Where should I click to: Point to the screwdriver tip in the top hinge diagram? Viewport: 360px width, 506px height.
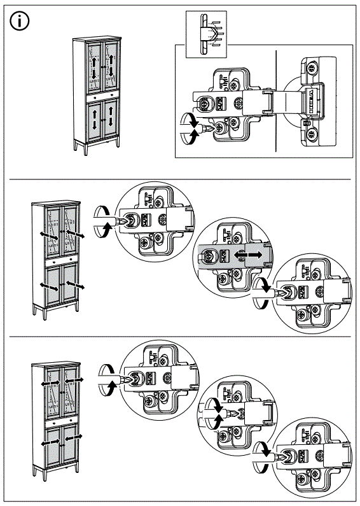[205, 127]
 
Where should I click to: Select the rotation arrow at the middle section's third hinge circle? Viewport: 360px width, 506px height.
[259, 294]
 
